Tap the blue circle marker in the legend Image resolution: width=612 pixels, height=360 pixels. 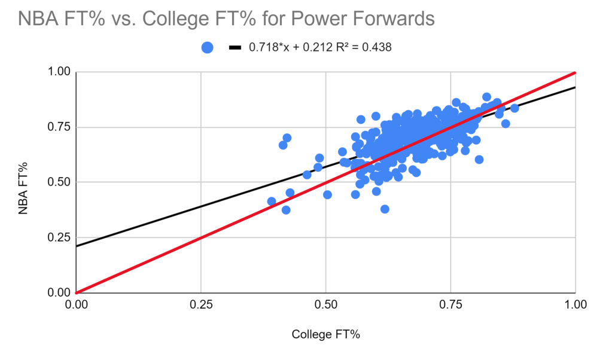click(207, 48)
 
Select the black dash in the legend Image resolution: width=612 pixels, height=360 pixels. click(235, 48)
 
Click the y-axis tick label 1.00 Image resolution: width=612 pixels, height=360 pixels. click(60, 72)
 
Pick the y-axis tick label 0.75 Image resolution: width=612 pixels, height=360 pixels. click(60, 127)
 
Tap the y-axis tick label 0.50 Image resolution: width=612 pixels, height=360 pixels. click(60, 182)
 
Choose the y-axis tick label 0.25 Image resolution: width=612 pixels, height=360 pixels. click(60, 238)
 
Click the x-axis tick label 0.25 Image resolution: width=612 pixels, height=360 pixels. click(201, 305)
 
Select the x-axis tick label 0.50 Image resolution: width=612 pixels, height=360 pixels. click(326, 305)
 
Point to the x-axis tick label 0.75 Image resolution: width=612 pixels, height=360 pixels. click(450, 305)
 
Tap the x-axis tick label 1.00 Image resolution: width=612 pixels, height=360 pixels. click(575, 305)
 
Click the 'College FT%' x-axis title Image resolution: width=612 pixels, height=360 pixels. click(325, 335)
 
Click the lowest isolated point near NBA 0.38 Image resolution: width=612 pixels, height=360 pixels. click(385, 209)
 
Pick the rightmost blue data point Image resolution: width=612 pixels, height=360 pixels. click(514, 108)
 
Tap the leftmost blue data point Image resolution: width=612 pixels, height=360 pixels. click(272, 202)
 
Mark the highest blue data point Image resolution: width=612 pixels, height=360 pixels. click(486, 97)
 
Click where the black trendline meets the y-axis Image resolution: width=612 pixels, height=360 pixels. click(77, 246)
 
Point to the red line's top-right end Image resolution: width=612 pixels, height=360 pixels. click(574, 73)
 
